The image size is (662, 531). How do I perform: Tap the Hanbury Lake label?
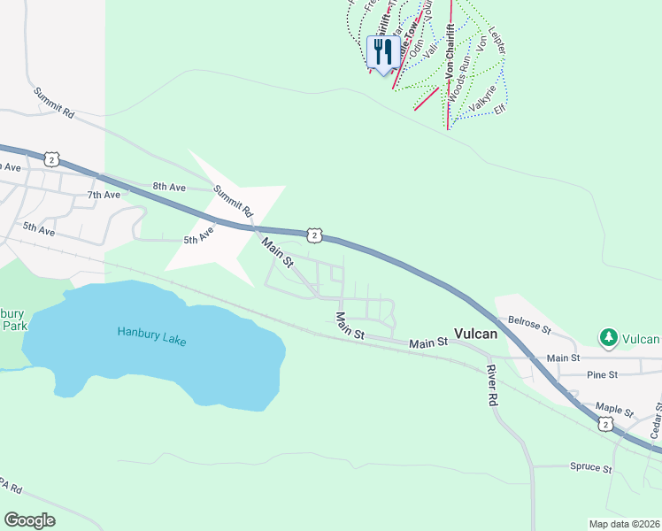[151, 336]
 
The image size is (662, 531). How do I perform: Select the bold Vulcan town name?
[475, 335]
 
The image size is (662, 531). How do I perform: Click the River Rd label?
[491, 386]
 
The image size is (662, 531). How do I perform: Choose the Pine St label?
[600, 375]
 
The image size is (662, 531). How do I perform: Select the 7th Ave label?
[103, 195]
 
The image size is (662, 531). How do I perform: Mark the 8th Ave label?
[168, 186]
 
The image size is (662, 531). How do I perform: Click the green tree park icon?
[608, 337]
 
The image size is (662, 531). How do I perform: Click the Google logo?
[29, 519]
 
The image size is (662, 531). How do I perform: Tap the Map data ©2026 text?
[623, 523]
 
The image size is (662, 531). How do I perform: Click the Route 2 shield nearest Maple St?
[604, 426]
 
